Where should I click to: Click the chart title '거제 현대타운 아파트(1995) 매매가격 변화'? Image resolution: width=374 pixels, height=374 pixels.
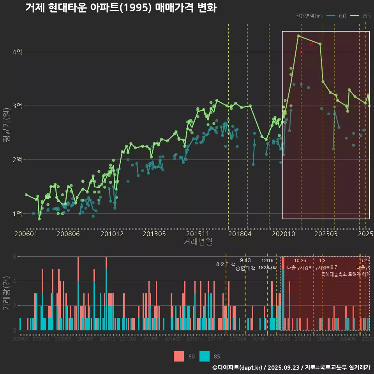point(121,8)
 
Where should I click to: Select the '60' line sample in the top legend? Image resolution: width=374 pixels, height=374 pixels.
point(331,16)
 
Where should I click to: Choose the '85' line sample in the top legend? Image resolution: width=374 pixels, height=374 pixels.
point(355,16)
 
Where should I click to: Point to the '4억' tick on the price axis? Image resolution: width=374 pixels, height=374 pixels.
point(17,52)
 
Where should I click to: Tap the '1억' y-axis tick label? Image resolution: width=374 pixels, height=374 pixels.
point(17,213)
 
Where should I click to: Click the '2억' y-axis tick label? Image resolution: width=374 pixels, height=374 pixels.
point(17,160)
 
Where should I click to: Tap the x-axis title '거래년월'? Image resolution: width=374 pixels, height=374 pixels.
point(198,242)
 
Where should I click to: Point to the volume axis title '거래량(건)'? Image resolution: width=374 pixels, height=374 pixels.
point(6,293)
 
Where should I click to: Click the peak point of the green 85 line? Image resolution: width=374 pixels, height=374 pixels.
point(298,36)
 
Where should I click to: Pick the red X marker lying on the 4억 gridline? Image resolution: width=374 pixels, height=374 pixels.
point(301,52)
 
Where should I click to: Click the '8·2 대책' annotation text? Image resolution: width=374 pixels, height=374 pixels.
point(226,264)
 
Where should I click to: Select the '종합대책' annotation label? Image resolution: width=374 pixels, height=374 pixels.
point(245,268)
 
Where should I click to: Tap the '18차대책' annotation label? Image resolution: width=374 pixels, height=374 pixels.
point(267,268)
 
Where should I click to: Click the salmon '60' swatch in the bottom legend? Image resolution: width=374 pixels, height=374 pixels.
point(178,356)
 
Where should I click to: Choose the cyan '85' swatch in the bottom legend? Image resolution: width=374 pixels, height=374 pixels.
point(205,356)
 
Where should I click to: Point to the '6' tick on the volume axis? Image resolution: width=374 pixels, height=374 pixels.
point(15,257)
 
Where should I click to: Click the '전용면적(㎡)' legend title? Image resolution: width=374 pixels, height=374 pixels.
point(309,16)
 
